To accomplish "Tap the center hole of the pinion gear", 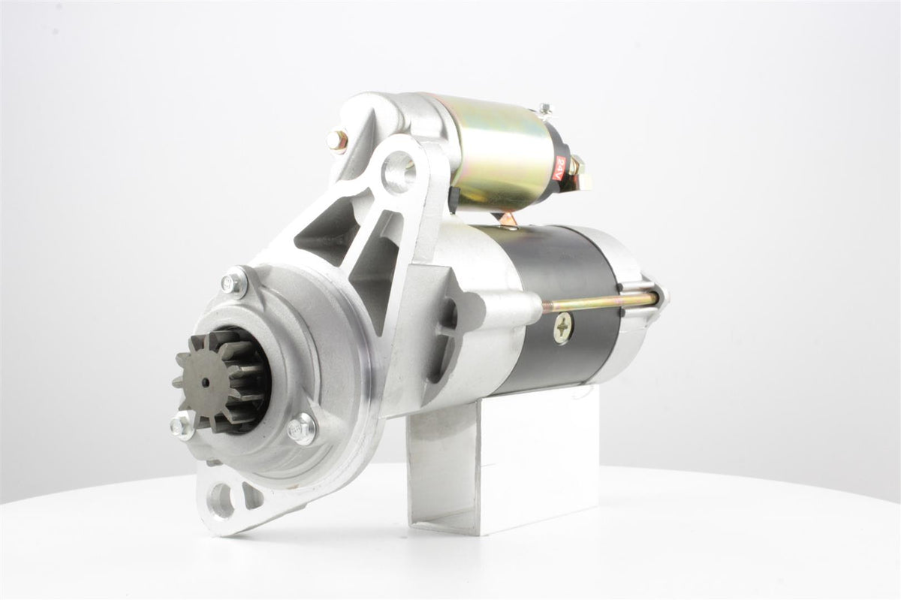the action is click(206, 382).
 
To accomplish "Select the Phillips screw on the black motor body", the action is click(565, 327).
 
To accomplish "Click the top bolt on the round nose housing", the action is click(234, 282).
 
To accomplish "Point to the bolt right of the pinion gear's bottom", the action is click(301, 429).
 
